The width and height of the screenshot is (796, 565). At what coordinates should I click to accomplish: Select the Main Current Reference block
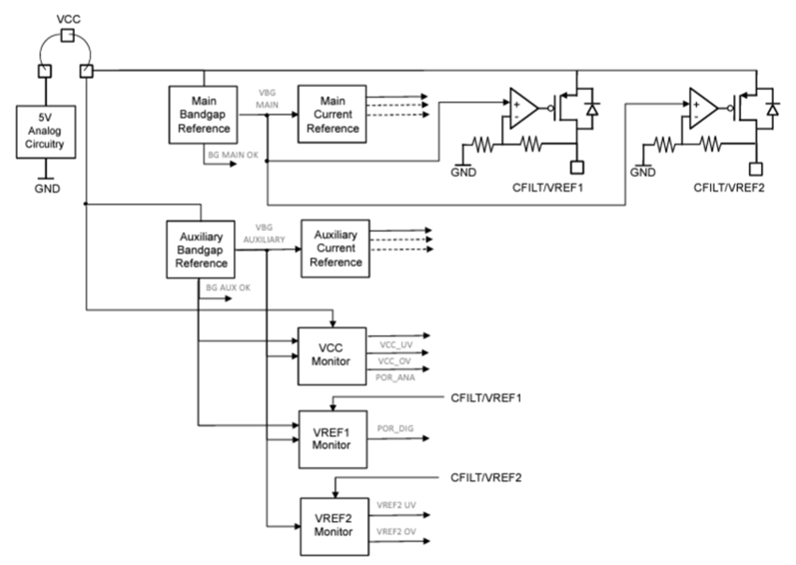click(332, 114)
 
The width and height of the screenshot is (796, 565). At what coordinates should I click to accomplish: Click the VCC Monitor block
click(331, 355)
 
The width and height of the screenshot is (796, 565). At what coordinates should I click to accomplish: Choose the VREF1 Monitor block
click(331, 438)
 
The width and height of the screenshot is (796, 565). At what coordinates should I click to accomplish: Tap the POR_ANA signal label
click(393, 377)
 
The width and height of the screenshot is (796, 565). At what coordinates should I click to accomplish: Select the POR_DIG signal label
click(394, 429)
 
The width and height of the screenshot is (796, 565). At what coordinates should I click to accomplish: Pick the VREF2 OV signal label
click(395, 532)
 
